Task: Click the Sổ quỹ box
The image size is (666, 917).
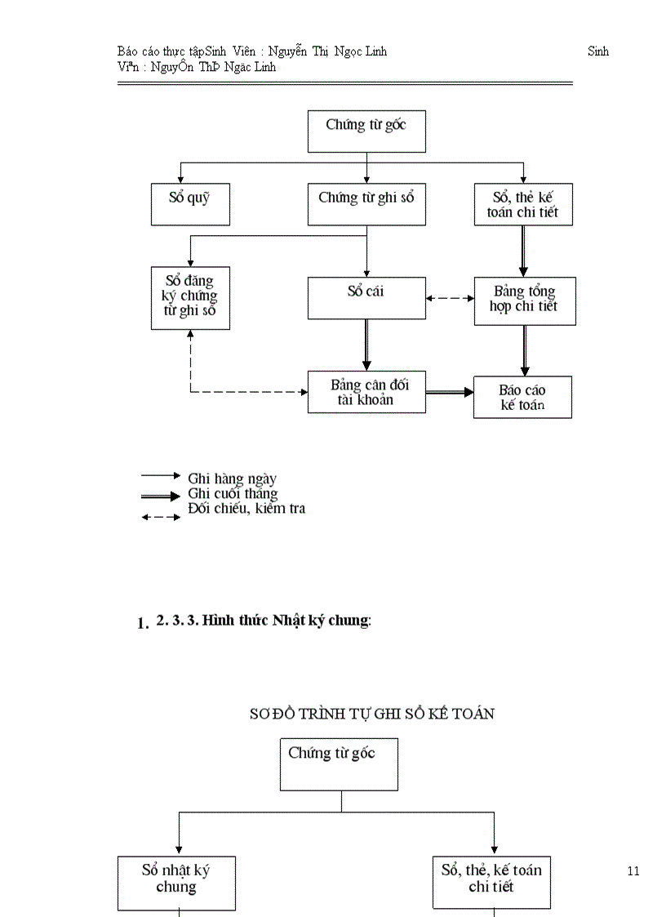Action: [190, 204]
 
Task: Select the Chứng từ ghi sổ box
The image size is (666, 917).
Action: [366, 204]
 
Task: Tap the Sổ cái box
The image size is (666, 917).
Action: [366, 298]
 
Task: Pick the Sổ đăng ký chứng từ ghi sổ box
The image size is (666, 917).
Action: [190, 297]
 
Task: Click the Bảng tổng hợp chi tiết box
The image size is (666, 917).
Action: [525, 300]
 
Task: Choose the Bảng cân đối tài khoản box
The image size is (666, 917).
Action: [366, 392]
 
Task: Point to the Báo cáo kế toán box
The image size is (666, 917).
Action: [522, 397]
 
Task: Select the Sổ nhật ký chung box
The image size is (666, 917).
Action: [176, 882]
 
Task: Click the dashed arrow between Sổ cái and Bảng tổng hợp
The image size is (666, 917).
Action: [450, 298]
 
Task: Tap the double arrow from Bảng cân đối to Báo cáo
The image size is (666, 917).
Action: [450, 392]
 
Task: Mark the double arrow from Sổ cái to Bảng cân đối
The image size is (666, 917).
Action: [366, 344]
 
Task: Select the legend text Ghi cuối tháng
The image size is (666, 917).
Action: [233, 493]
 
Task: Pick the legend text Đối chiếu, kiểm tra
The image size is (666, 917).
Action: [246, 509]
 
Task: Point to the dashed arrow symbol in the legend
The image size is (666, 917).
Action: [161, 517]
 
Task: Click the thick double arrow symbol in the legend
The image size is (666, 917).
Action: [161, 496]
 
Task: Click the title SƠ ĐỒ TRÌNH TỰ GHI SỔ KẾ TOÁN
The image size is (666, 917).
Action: [371, 714]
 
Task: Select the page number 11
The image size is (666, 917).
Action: [633, 871]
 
